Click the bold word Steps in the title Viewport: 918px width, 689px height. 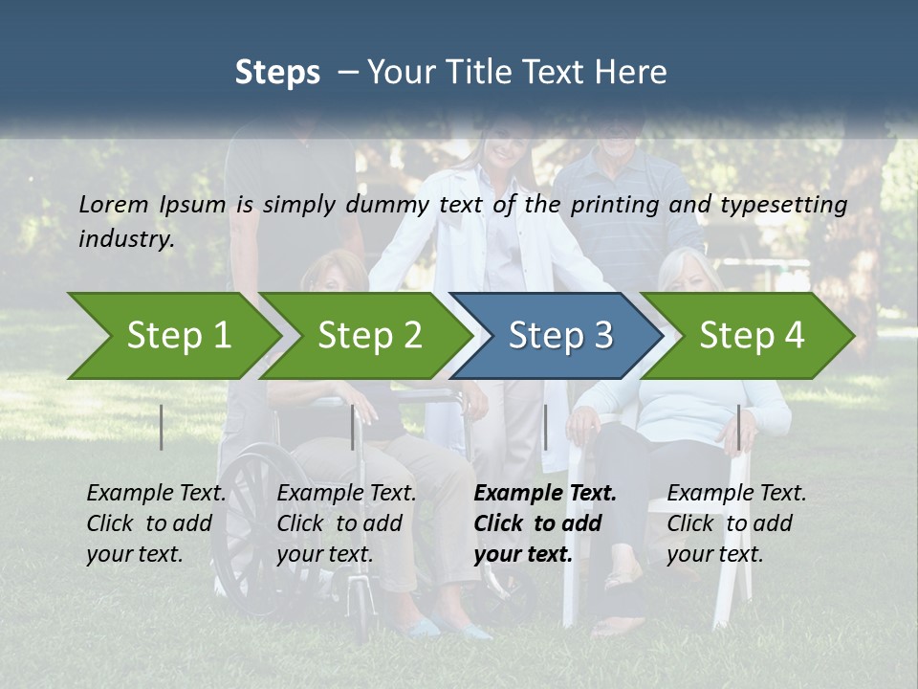pyautogui.click(x=277, y=73)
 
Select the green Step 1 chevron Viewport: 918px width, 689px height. pyautogui.click(x=172, y=336)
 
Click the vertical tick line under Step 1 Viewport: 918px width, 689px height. pyautogui.click(x=162, y=427)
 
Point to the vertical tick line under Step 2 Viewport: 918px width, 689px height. pyautogui.click(x=353, y=427)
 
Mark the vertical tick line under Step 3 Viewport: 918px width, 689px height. pyautogui.click(x=545, y=427)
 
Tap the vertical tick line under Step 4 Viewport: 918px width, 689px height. pyautogui.click(x=738, y=427)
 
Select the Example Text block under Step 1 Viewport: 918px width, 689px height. pyautogui.click(x=156, y=523)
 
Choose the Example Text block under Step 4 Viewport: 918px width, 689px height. pyautogui.click(x=736, y=523)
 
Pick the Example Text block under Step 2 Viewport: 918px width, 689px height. pyautogui.click(x=346, y=523)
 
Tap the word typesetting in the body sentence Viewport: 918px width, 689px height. pyautogui.click(x=792, y=204)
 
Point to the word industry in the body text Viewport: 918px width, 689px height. pyautogui.click(x=126, y=238)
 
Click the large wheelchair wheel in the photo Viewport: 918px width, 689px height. pyautogui.click(x=251, y=517)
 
